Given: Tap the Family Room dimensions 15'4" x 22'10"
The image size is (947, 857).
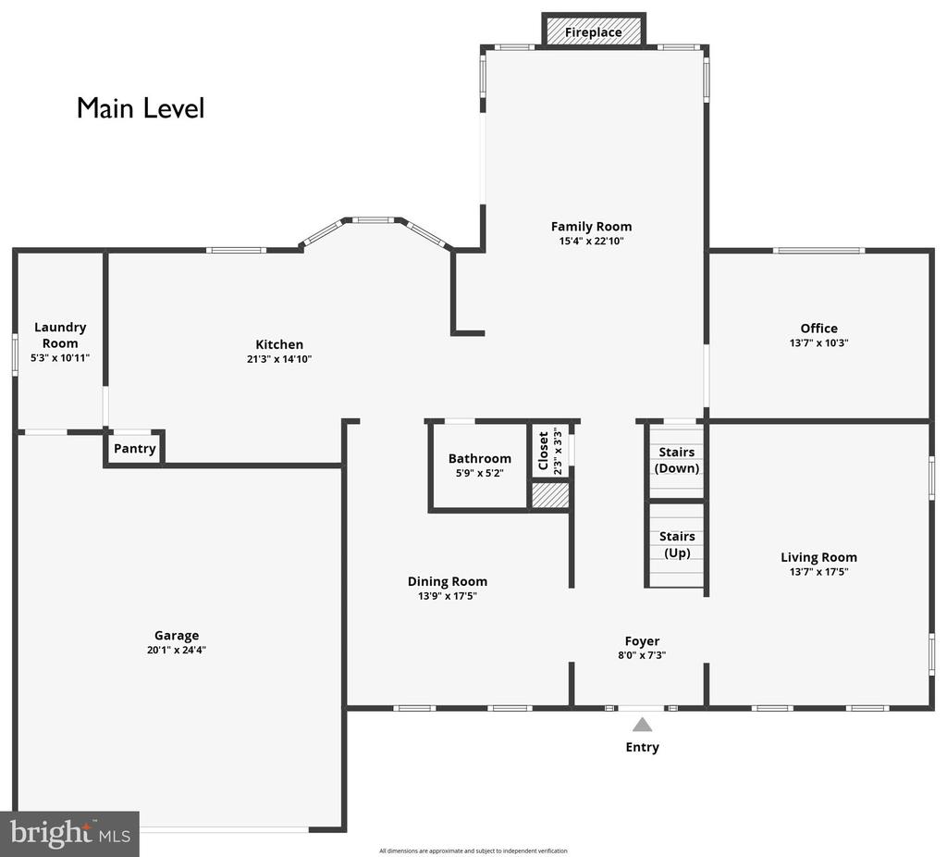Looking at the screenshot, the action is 591,242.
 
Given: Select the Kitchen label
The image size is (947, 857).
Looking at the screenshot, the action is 279,344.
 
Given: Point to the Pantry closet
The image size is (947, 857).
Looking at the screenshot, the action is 134,449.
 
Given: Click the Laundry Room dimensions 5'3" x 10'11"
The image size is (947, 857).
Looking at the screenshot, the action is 60,358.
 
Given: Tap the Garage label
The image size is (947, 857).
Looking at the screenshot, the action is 177,636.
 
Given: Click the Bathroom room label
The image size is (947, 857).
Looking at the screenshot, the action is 480,459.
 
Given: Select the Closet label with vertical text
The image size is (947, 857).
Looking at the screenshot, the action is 544,451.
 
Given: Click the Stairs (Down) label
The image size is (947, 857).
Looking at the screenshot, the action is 676,460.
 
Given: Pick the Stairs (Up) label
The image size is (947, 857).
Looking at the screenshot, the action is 677,544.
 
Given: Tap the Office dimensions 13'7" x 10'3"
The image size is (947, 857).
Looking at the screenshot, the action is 819,342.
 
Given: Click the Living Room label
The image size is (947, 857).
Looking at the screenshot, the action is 818,557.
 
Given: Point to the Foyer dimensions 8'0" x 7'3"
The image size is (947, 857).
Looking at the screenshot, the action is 642,655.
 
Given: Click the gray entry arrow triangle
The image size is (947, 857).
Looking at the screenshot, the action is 642,726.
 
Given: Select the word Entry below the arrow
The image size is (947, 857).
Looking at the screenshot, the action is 642,747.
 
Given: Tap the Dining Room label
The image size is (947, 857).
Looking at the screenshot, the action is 448,581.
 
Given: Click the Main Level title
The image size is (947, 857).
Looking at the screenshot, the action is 141,108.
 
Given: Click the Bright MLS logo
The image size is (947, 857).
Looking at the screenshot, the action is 69,834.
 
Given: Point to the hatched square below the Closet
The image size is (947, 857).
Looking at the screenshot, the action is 550,495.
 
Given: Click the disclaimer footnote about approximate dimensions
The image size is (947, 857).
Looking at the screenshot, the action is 473,851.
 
